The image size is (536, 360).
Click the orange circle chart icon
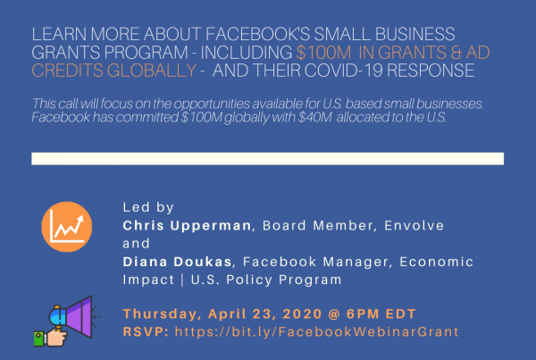67,227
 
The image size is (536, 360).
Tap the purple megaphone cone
80,317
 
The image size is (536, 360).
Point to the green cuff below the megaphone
39,339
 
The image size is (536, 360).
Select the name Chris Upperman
187,226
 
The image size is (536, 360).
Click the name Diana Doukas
178,262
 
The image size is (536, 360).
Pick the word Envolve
414,226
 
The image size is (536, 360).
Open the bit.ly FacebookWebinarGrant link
316,331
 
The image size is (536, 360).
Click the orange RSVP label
146,332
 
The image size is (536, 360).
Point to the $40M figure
314,117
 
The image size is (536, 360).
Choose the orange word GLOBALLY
152,71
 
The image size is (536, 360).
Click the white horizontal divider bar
268,159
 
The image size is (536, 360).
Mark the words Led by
148,207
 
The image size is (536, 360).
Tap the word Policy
249,280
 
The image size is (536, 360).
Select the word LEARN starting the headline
59,34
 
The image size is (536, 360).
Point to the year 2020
303,314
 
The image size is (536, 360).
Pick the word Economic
437,262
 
